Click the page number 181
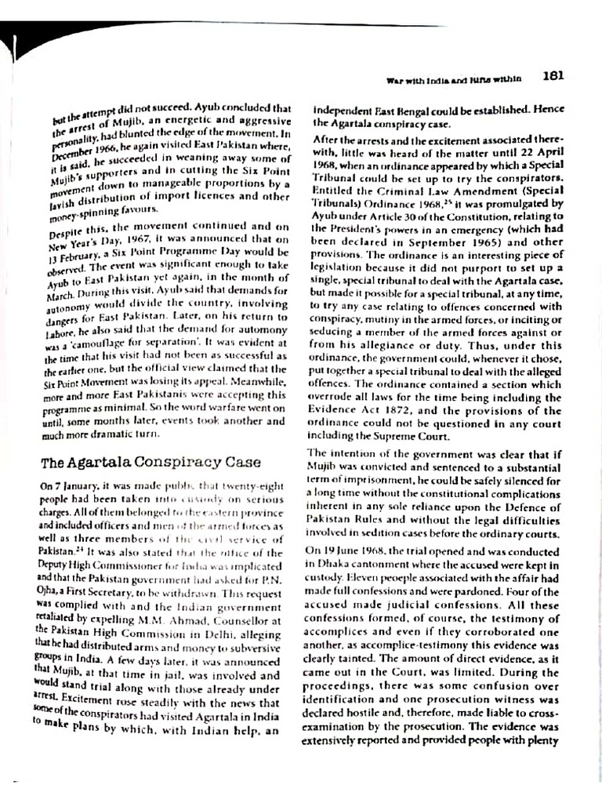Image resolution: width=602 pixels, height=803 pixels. (552, 77)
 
